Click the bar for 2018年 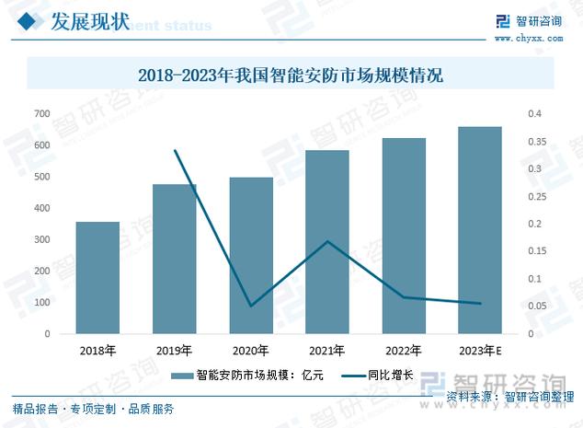coord(97,277)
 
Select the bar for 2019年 coord(174,259)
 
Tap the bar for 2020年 coord(251,255)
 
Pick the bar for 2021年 coord(327,241)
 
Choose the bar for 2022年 coord(404,236)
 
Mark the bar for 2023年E coord(480,230)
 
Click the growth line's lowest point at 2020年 coord(251,306)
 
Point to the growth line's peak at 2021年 coord(327,241)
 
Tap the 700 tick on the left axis coord(41,113)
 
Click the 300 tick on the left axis coord(41,239)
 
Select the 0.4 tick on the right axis coord(536,113)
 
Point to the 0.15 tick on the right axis coord(538,251)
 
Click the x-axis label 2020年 coord(251,351)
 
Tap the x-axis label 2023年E coord(480,351)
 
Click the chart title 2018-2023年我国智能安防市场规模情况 coord(291,75)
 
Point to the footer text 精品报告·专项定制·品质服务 coord(93,409)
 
